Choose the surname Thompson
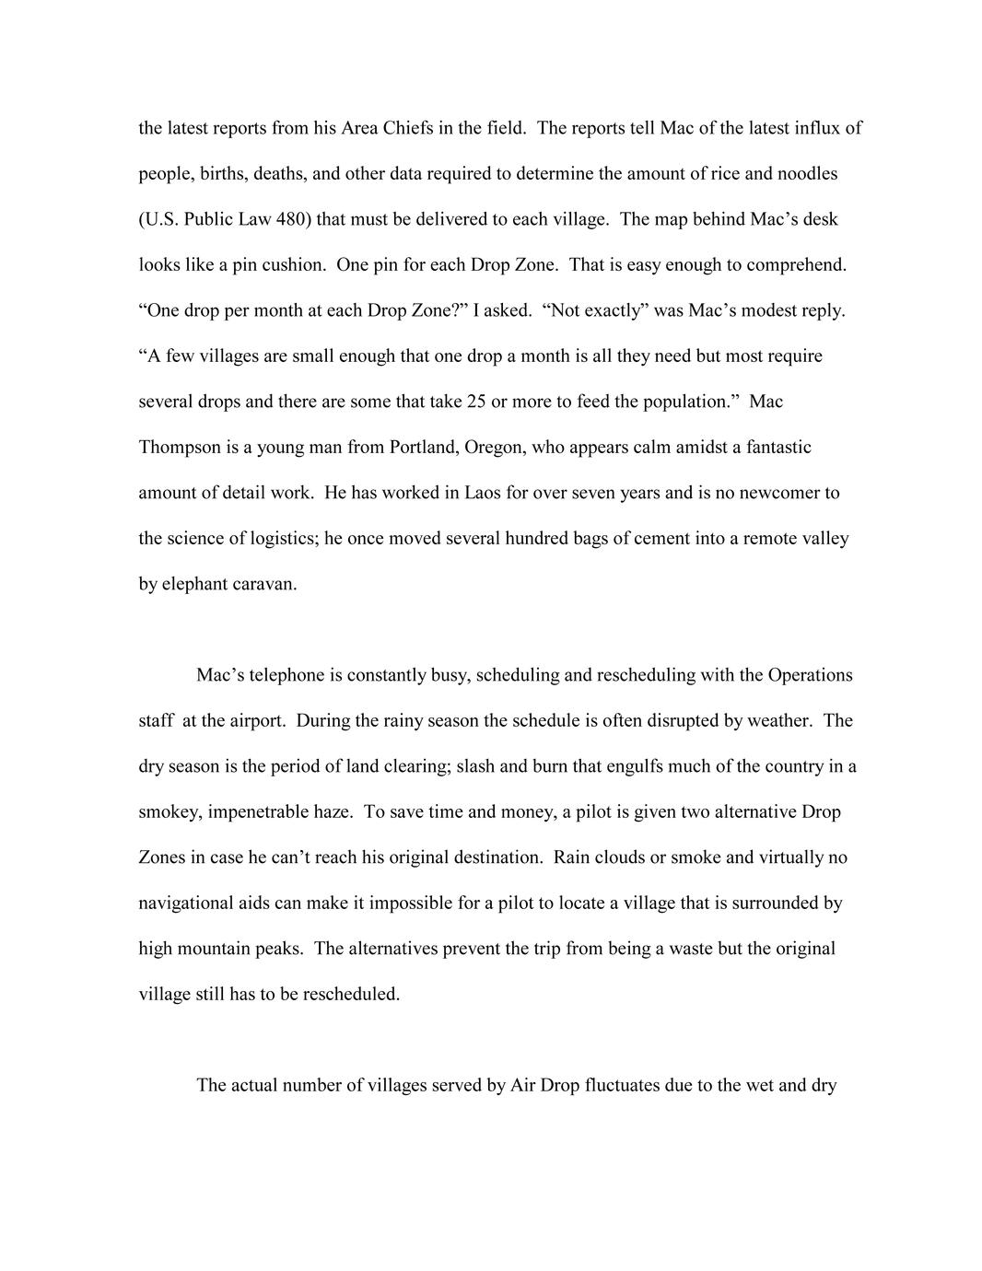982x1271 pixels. pyautogui.click(x=180, y=448)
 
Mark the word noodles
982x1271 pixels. pyautogui.click(x=807, y=173)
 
